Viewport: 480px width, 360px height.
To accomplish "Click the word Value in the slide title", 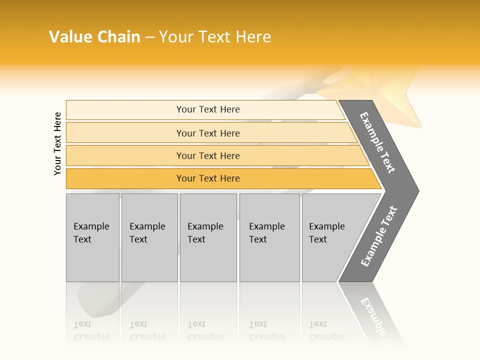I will pyautogui.click(x=69, y=37).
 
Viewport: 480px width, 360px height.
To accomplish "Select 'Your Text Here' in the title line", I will pyautogui.click(x=215, y=37).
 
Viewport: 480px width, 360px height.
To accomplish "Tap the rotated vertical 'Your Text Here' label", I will pyautogui.click(x=57, y=143).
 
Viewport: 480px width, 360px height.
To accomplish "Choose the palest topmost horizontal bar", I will pyautogui.click(x=207, y=109).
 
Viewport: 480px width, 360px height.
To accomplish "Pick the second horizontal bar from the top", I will pyautogui.click(x=207, y=133).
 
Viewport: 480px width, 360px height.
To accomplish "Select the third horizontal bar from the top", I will pyautogui.click(x=207, y=155).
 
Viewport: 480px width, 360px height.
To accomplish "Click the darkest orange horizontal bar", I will pyautogui.click(x=207, y=178).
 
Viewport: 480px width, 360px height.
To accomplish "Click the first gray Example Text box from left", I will pyautogui.click(x=92, y=237).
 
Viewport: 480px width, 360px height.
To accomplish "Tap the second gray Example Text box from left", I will pyautogui.click(x=149, y=237).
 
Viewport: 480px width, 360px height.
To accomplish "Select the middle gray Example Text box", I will pyautogui.click(x=208, y=237).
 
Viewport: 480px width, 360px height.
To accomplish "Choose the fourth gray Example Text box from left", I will pyautogui.click(x=269, y=237).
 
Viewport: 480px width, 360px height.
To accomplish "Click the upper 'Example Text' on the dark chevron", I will pyautogui.click(x=378, y=142).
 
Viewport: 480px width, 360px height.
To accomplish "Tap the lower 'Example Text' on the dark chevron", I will pyautogui.click(x=379, y=236).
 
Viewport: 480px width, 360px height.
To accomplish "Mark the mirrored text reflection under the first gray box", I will pyautogui.click(x=91, y=330).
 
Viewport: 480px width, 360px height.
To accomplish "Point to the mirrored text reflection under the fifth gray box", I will pyautogui.click(x=326, y=330).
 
